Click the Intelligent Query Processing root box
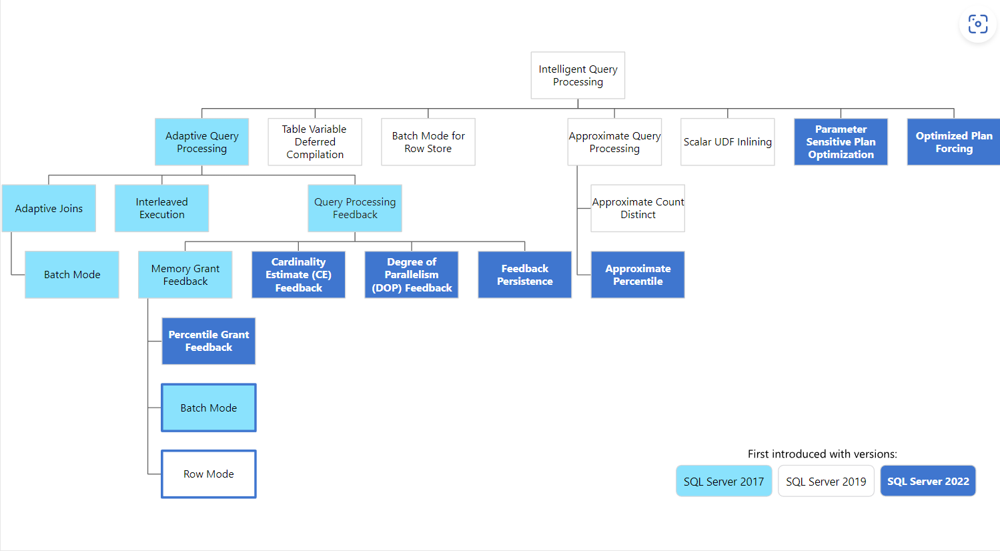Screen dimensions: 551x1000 [x=578, y=75]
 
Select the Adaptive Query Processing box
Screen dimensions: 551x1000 [x=201, y=142]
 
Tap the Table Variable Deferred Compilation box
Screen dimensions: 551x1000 [x=315, y=142]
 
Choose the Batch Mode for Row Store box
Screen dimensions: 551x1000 [x=428, y=142]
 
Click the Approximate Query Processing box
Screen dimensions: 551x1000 [x=614, y=142]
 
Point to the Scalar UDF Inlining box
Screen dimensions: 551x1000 [x=727, y=142]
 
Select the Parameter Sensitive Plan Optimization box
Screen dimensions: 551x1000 [x=841, y=142]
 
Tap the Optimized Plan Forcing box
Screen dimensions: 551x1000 [x=953, y=142]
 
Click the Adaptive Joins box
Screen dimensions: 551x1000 [x=49, y=208]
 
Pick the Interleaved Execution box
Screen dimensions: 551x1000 [x=161, y=208]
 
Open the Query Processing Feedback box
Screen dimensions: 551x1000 [x=355, y=208]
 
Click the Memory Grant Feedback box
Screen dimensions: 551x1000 [x=185, y=275]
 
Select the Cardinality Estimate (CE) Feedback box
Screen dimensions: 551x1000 [x=298, y=275]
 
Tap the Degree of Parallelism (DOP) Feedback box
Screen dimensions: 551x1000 [x=412, y=275]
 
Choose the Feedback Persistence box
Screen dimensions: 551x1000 [x=524, y=275]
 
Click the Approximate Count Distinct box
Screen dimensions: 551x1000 [x=638, y=208]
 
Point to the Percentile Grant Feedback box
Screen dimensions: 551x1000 [x=209, y=341]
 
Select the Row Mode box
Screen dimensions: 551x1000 [x=209, y=474]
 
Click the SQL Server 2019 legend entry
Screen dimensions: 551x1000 [x=826, y=481]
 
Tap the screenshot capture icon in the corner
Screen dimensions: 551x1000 [x=977, y=24]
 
